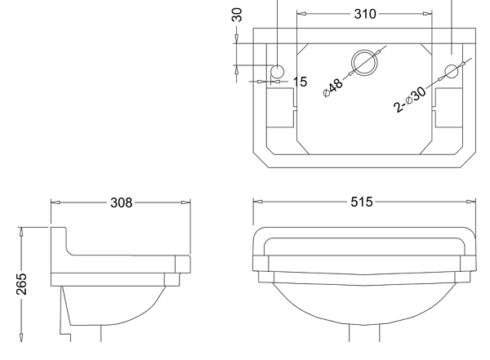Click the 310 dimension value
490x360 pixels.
[365, 14]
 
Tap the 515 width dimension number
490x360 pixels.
[362, 202]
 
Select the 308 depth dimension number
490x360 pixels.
[122, 202]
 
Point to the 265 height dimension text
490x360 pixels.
[21, 284]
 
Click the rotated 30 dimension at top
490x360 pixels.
[237, 15]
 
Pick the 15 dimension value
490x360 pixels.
[300, 82]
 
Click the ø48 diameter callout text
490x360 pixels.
[333, 88]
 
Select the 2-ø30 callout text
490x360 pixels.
[409, 99]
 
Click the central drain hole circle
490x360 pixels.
[364, 63]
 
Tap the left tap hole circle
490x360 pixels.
[277, 72]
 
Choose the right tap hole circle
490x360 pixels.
[452, 71]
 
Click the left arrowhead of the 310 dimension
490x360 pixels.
[301, 14]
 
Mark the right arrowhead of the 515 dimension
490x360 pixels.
[471, 202]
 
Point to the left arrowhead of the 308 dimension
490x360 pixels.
[56, 202]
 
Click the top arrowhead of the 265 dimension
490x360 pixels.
[21, 232]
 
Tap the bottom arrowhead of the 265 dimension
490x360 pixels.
[21, 337]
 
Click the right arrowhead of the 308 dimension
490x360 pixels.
[186, 202]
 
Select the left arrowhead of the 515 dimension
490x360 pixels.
[258, 202]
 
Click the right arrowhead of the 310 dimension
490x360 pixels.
[427, 14]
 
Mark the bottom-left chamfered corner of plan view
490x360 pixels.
[261, 160]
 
